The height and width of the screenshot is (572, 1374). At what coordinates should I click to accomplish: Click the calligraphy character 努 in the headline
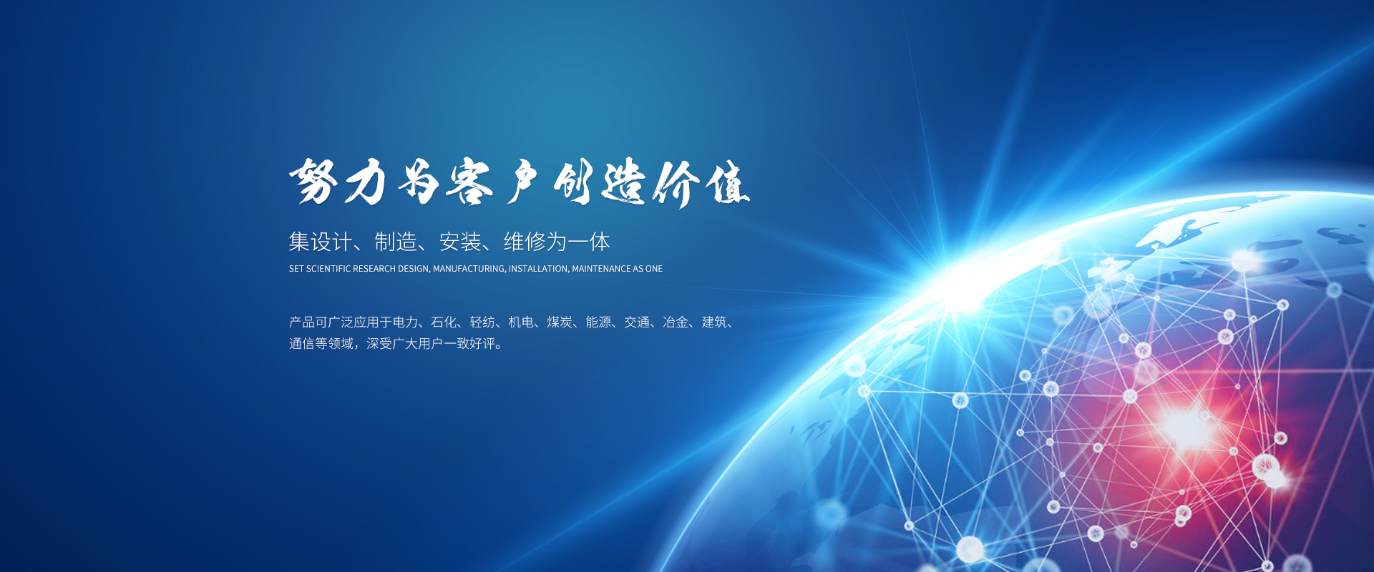coord(313,181)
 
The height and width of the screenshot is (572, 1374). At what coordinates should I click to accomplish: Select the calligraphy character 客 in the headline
coord(469,182)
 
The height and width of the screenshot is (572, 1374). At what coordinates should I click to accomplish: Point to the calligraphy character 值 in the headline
coord(728,184)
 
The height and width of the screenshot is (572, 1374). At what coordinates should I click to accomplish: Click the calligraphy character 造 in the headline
coord(623,182)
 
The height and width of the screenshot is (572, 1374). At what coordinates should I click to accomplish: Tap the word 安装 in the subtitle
coord(460,242)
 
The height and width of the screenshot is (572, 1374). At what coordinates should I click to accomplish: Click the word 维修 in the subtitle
coord(525,242)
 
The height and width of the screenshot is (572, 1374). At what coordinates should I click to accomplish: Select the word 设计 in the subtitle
coord(331,242)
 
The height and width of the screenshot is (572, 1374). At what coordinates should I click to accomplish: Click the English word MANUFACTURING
coord(469,269)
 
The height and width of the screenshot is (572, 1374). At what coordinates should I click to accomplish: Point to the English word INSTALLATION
coord(539,269)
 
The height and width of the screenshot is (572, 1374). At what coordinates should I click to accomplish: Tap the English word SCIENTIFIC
coord(328,269)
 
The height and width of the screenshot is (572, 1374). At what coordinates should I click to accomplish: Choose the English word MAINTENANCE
coord(601,269)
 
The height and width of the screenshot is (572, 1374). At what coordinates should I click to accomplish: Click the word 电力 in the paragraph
coord(405,322)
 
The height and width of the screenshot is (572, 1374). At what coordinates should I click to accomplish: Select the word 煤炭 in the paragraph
coord(560,322)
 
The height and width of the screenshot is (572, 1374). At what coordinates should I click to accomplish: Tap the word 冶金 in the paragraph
coord(676,322)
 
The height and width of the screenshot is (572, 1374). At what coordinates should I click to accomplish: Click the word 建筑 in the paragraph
coord(714,322)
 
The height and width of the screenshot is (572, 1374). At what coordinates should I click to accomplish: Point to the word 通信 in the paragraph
coord(302,344)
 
